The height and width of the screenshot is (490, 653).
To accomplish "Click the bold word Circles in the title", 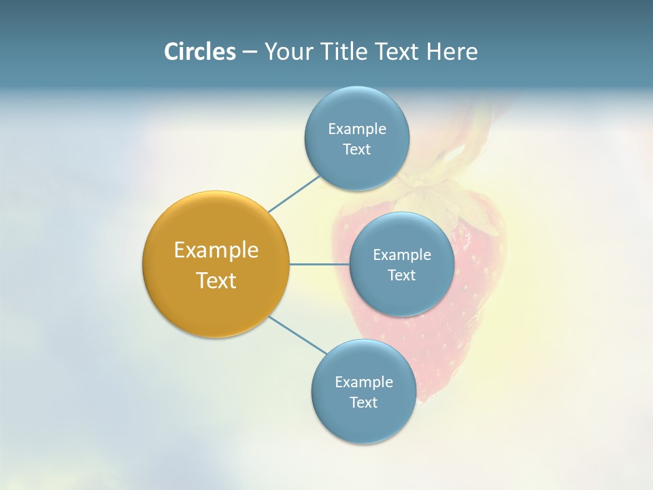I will [200, 52].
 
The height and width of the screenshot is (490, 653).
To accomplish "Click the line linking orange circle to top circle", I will [294, 194].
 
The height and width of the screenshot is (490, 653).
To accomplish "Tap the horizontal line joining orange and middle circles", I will [319, 264].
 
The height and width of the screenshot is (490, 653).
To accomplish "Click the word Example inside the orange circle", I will [216, 250].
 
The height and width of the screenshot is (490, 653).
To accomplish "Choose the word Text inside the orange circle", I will [216, 280].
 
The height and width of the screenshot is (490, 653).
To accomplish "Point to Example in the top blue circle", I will [357, 129].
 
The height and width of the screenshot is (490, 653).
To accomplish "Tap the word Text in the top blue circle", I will [357, 150].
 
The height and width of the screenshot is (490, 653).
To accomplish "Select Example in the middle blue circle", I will [402, 255].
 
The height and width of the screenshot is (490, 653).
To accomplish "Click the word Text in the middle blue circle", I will [402, 276].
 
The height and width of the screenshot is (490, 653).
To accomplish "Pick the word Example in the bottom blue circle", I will [364, 382].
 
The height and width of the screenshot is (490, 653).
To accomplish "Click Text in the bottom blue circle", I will [364, 403].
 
